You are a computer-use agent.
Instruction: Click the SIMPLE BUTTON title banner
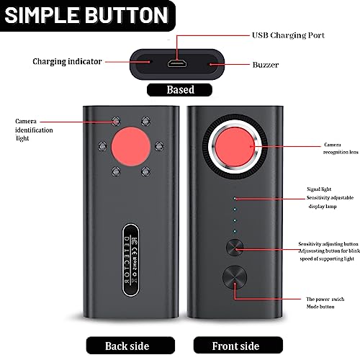(86, 16)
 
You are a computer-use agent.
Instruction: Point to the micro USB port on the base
(176, 63)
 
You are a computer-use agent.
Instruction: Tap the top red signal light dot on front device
(235, 197)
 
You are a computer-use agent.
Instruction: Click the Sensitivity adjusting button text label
(328, 245)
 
